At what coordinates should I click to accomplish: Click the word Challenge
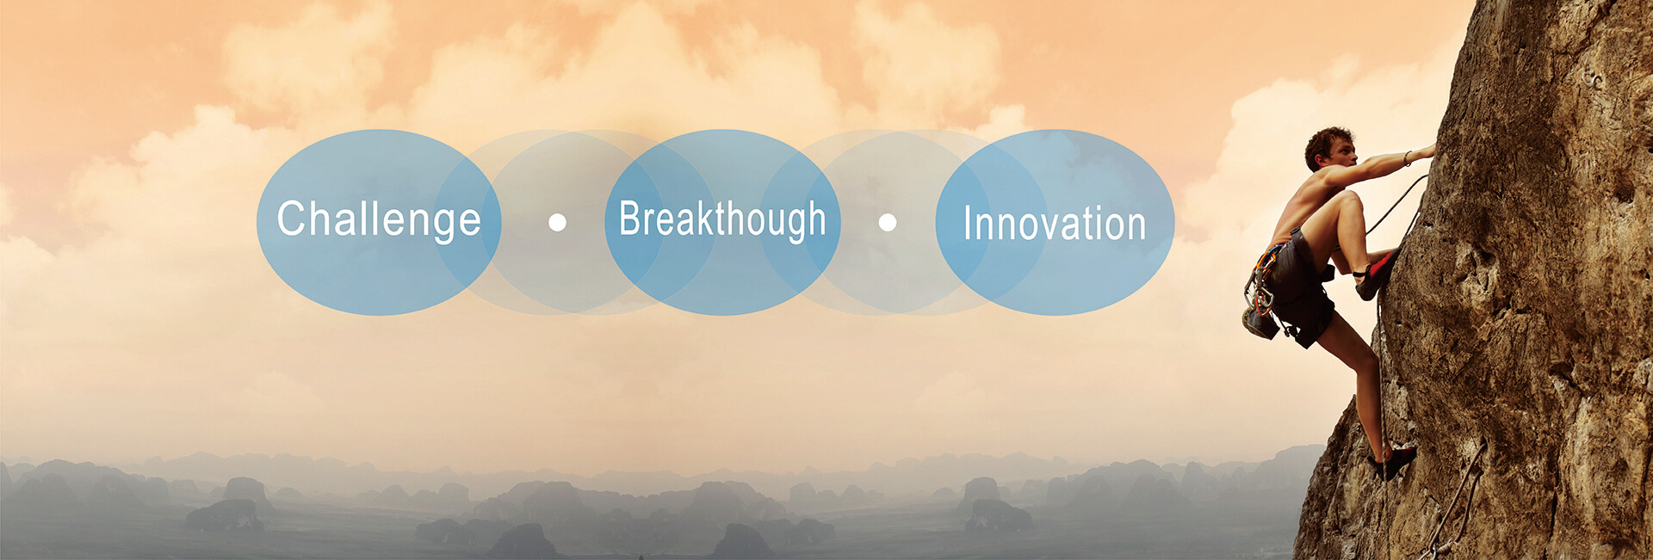click(379, 220)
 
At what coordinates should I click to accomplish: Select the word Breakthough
click(722, 220)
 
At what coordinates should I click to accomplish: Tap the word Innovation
click(1055, 224)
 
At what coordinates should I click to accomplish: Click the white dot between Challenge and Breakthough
click(557, 223)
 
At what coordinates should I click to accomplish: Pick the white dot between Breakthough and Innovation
click(888, 223)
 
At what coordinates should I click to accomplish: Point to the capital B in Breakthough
click(632, 218)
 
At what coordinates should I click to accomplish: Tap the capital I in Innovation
click(967, 224)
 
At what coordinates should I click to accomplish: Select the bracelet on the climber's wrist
click(1408, 158)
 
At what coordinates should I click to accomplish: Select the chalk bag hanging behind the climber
click(1260, 323)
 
